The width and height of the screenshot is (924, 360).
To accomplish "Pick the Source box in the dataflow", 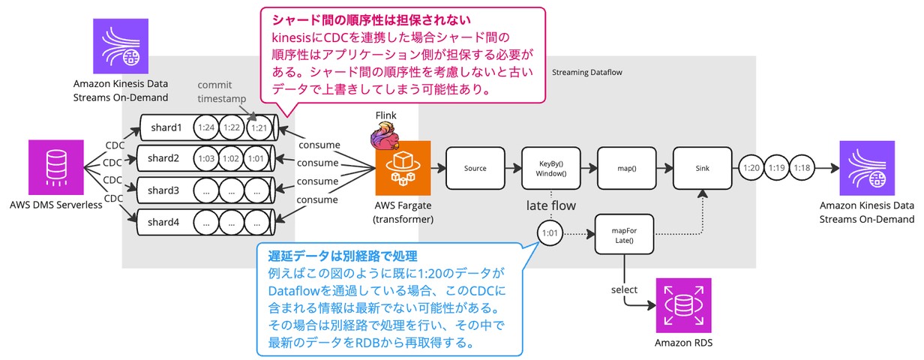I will pos(475,169).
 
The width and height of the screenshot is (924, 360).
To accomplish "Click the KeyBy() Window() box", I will pos(551,169).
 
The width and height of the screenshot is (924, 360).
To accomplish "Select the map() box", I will pos(627,169).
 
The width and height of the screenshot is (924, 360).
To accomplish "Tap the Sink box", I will pos(703,169).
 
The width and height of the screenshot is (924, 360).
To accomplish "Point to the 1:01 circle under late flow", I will pos(550,233).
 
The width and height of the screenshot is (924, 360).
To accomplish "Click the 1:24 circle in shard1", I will pos(207,128).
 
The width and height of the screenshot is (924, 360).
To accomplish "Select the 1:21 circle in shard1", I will pos(259,128).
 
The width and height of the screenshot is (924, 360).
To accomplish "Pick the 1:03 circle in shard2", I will pos(207,159).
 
